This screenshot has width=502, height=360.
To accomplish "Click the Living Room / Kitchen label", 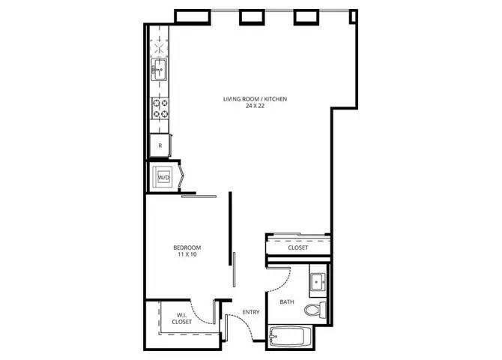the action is click(x=255, y=99).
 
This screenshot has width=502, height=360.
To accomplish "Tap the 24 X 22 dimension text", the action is click(x=255, y=106).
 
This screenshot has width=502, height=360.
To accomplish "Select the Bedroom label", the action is click(x=187, y=247).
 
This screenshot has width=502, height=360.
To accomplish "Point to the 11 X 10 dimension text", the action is click(x=187, y=254).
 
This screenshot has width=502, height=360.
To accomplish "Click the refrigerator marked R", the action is click(x=160, y=145).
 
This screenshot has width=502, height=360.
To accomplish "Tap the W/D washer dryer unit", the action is click(x=163, y=177).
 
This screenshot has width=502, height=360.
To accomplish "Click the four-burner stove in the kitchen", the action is click(x=160, y=108).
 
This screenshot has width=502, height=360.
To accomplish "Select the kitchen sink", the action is click(x=159, y=69).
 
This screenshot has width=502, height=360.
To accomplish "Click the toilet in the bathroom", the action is click(x=315, y=310).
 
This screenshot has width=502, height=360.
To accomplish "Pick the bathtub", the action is click(x=291, y=337).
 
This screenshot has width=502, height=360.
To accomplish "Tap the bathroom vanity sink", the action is click(x=318, y=282).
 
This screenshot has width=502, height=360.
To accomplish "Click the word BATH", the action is click(x=287, y=301).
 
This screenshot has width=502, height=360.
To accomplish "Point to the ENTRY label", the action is click(x=251, y=312).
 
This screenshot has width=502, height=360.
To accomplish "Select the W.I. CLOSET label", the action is click(x=182, y=318).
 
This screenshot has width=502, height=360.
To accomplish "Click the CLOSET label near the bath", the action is click(x=297, y=247).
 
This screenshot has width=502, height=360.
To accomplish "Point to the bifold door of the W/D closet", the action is click(x=181, y=177).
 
